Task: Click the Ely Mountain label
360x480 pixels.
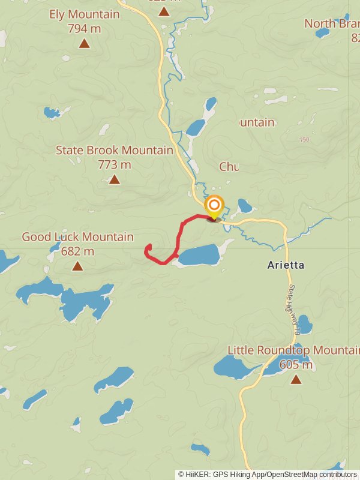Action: click(85, 14)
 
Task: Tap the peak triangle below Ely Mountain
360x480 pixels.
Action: click(85, 43)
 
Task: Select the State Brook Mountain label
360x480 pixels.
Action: click(115, 150)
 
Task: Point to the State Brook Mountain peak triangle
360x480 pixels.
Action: click(115, 179)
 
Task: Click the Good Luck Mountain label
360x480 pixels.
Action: click(78, 237)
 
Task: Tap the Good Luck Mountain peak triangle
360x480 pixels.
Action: click(77, 266)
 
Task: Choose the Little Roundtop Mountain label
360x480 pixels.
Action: click(293, 350)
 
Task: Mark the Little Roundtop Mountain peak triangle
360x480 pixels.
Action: click(296, 379)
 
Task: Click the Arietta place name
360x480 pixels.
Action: click(286, 265)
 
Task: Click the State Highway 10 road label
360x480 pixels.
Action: click(293, 310)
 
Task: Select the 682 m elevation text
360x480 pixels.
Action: click(78, 251)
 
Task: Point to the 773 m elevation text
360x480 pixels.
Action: click(115, 164)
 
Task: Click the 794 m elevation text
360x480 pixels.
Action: click(85, 28)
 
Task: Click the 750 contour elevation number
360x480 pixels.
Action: click(304, 140)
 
